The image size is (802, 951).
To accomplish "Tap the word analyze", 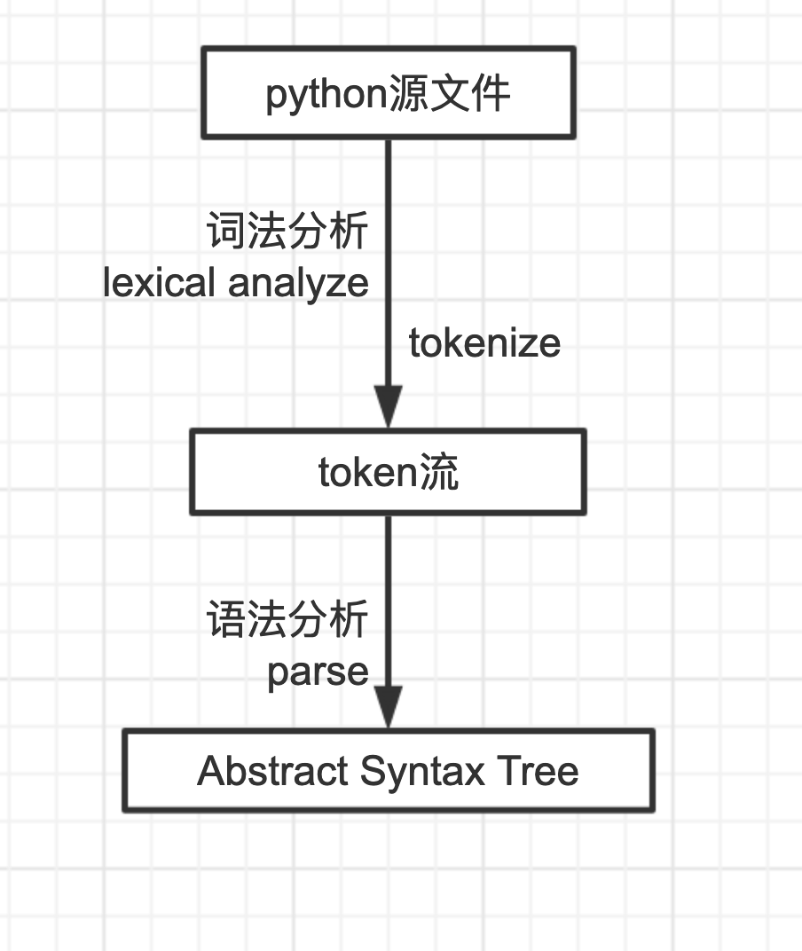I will (x=298, y=283).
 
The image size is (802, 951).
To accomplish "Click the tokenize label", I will (x=484, y=342).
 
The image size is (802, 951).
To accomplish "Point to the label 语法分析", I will (x=287, y=619).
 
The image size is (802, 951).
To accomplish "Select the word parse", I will (x=318, y=672).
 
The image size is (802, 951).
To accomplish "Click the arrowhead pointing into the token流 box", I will (x=388, y=408).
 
